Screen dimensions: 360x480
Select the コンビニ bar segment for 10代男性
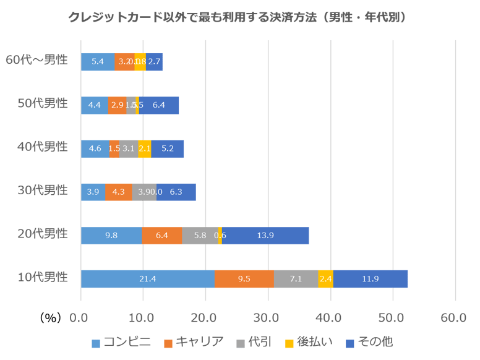click(147, 279)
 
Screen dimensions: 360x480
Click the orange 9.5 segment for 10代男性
click(244, 279)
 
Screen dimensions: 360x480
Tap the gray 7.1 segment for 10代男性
click(296, 279)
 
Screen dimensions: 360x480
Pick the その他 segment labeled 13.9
click(265, 236)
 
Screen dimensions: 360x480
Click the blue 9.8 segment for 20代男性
click(111, 236)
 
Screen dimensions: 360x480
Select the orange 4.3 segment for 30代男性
click(118, 192)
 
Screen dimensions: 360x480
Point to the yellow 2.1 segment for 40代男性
click(145, 149)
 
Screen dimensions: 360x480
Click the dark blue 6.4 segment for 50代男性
click(159, 105)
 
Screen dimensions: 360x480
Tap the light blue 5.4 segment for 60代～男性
click(98, 62)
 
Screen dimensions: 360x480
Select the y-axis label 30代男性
click(43, 191)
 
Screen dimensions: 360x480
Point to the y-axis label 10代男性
click(43, 277)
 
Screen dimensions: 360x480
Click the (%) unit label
click(49, 318)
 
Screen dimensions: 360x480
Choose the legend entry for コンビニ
click(121, 342)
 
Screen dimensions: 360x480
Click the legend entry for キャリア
click(194, 342)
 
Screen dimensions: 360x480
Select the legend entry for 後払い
click(310, 342)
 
